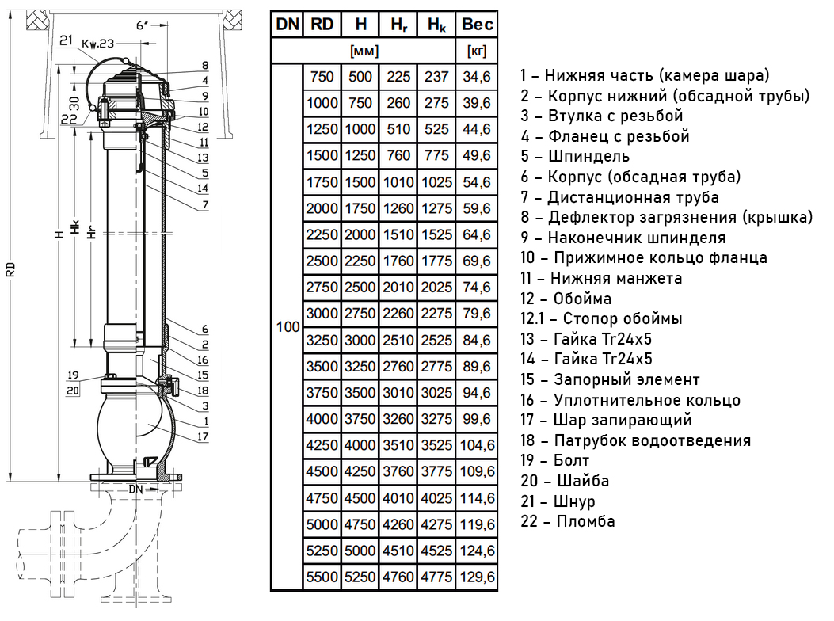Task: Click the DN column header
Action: pyautogui.click(x=287, y=25)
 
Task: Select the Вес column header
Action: pyautogui.click(x=477, y=25)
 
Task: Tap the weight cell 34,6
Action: pyautogui.click(x=477, y=77)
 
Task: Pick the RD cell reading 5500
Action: pyautogui.click(x=322, y=577)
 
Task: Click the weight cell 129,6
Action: pyautogui.click(x=477, y=577)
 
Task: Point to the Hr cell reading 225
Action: pyautogui.click(x=398, y=77)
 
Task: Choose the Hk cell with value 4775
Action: pyautogui.click(x=436, y=577)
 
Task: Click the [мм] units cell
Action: pyautogui.click(x=364, y=51)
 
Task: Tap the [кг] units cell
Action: pyautogui.click(x=477, y=51)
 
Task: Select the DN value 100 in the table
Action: pyautogui.click(x=287, y=326)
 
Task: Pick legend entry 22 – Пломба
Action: pyautogui.click(x=567, y=521)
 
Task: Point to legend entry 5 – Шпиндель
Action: pyautogui.click(x=575, y=156)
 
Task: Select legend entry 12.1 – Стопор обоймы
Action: pyautogui.click(x=601, y=318)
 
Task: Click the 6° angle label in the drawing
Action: pyautogui.click(x=143, y=25)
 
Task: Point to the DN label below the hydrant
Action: pyautogui.click(x=135, y=490)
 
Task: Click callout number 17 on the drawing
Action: pyautogui.click(x=204, y=436)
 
